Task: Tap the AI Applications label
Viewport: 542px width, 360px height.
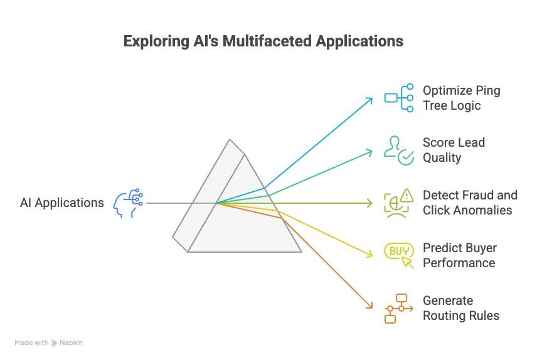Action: point(61,203)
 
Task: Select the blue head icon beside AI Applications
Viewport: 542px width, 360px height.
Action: point(128,203)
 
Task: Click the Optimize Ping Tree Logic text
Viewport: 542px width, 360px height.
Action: point(461,98)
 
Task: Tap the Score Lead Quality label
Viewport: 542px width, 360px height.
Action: point(454,150)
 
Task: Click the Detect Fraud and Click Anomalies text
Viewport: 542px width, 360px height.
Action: point(470,203)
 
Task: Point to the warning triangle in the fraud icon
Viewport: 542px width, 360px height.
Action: point(407,195)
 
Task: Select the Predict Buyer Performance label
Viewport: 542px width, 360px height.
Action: point(459,255)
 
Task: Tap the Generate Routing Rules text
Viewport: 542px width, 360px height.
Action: point(461,308)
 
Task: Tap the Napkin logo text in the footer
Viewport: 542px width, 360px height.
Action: point(71,343)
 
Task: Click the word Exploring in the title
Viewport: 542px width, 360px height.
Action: point(154,42)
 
